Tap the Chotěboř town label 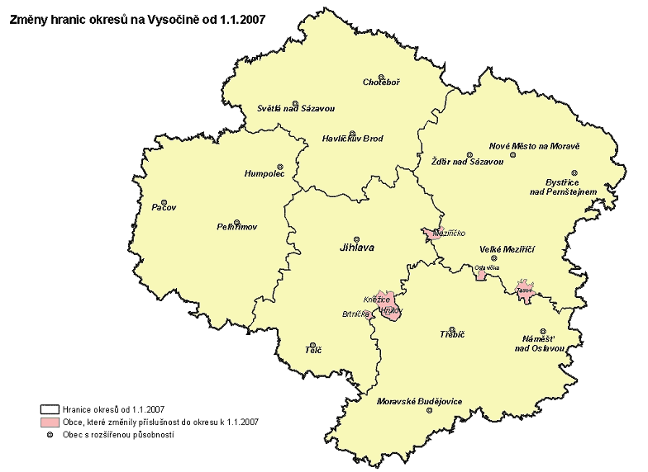point(382,82)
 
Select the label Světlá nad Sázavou point(295,109)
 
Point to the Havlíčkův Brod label point(353,139)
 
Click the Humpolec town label point(264,175)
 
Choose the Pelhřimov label point(237,226)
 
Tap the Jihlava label point(356,246)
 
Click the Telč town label point(313,351)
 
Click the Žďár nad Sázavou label point(468,161)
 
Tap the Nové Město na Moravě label point(535,145)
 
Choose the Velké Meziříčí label point(508,249)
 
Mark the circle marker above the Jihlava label point(357,234)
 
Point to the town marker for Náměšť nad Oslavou point(543,329)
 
